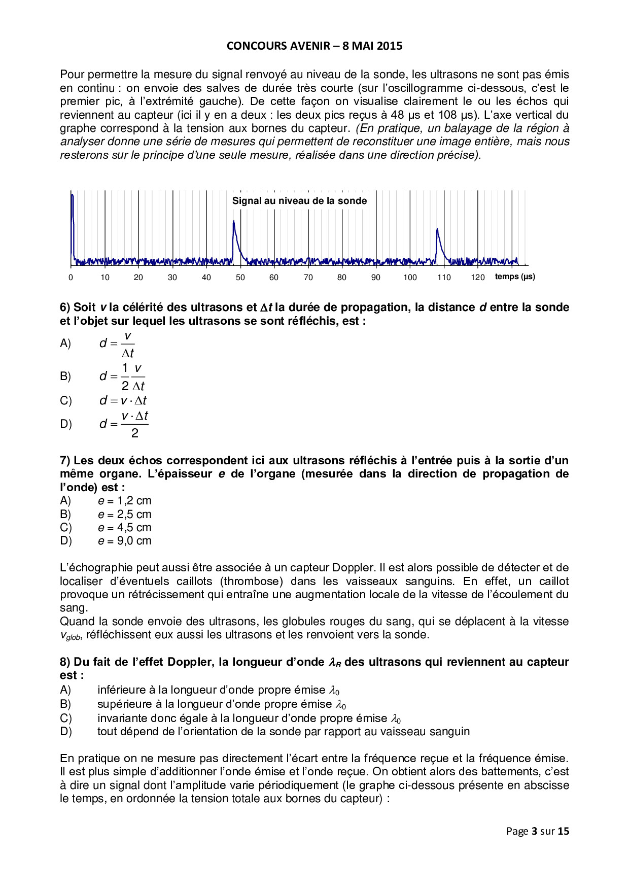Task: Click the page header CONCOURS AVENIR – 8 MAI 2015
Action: coord(314,46)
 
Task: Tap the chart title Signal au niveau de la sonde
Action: coord(299,201)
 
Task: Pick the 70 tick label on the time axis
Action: coord(308,278)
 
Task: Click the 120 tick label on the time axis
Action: coord(477,278)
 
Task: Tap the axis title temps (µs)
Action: coord(515,277)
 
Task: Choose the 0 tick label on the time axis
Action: coord(71,278)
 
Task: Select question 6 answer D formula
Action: coord(124,424)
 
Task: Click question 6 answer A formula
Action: coord(117,344)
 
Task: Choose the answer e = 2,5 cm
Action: coord(125,515)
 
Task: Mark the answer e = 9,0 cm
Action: coord(125,541)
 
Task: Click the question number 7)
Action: coord(65,461)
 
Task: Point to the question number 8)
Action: coord(65,662)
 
